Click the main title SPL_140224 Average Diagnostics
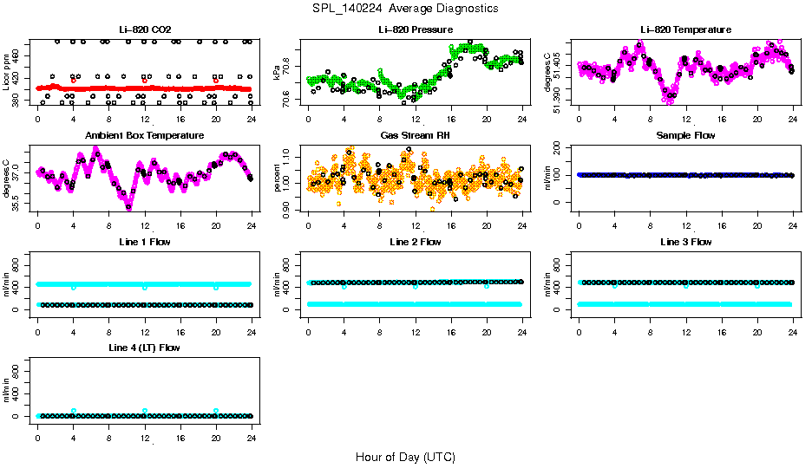pos(406,8)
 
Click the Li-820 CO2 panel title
pos(144,29)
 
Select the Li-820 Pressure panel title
pos(416,29)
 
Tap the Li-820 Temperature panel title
pos(685,29)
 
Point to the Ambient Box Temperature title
pos(144,135)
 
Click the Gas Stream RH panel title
pos(416,135)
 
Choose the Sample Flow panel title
pos(685,135)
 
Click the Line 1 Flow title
pos(144,242)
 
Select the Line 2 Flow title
pos(416,242)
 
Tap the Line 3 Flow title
pos(685,242)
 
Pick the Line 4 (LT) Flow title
pos(144,348)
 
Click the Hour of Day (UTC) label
pos(405,457)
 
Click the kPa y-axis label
pos(278,72)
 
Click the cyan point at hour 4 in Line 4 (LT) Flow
pos(74,411)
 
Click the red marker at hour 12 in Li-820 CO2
pos(145,81)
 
